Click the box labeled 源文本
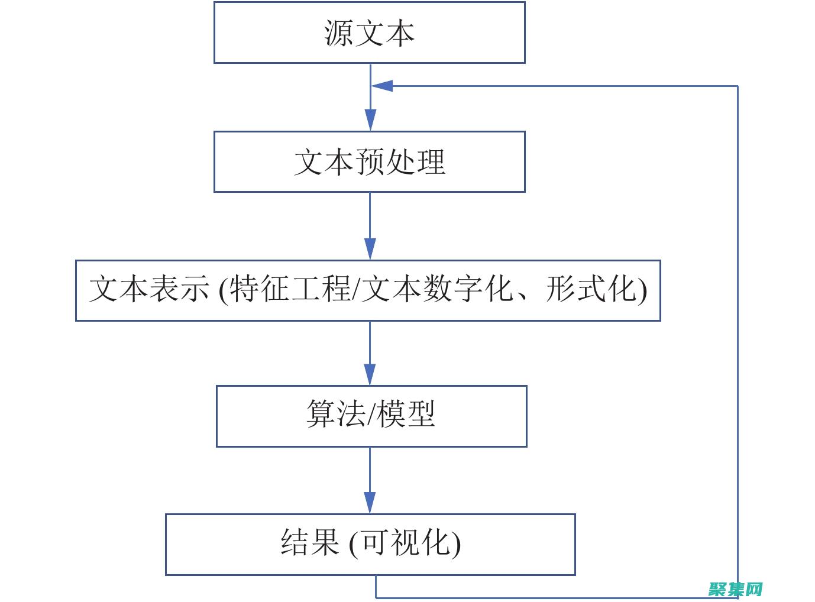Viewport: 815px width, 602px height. click(369, 33)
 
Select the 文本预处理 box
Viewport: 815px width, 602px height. click(369, 161)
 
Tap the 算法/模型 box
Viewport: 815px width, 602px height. click(371, 416)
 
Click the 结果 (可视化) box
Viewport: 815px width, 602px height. click(370, 544)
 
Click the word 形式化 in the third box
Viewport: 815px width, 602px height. click(591, 290)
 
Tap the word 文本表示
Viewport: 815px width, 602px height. click(149, 290)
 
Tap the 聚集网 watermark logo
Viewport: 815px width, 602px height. click(735, 589)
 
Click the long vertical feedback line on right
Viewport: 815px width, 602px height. click(738, 331)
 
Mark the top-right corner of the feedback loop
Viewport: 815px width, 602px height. click(738, 86)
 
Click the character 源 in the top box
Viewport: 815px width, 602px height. click(338, 33)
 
